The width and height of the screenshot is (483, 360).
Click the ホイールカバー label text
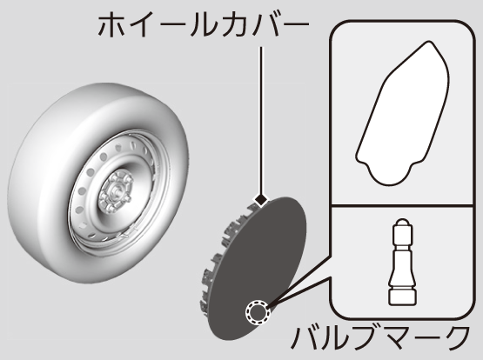(204, 25)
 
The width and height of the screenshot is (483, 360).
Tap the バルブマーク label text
(381, 337)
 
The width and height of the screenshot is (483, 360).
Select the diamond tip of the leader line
(261, 199)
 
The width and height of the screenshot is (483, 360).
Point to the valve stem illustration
(402, 262)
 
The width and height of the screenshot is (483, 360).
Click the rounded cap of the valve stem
(402, 223)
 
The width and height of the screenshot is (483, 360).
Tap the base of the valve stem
(402, 296)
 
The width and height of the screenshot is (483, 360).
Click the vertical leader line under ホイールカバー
(261, 120)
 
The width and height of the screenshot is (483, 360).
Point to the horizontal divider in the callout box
(402, 204)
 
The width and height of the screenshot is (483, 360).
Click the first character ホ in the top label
(111, 25)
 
